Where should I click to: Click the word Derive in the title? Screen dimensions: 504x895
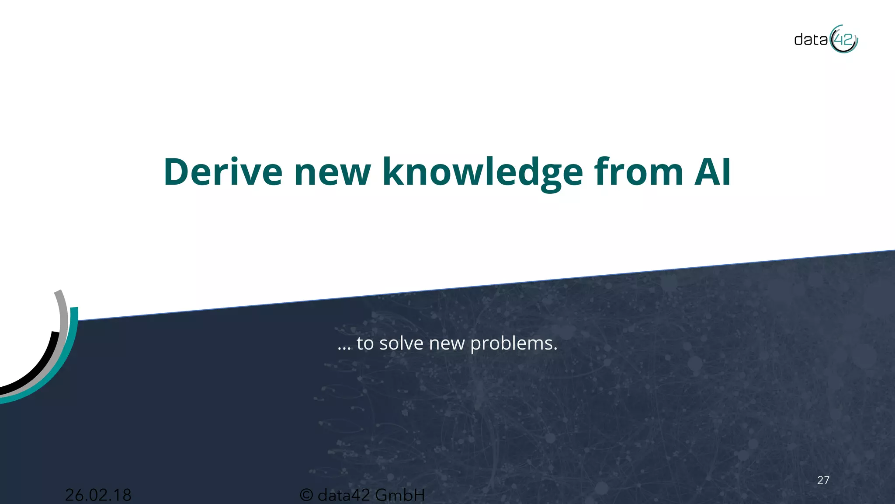pos(223,172)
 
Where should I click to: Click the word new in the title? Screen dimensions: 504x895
pos(332,172)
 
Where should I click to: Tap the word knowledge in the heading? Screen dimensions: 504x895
pos(482,172)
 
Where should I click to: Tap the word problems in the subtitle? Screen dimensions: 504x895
pos(513,343)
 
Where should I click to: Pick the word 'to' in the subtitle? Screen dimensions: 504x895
pos(365,343)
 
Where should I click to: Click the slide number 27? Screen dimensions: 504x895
pos(823,480)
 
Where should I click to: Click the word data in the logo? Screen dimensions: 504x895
pos(811,40)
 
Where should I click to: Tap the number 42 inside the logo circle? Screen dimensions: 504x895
pos(843,40)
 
